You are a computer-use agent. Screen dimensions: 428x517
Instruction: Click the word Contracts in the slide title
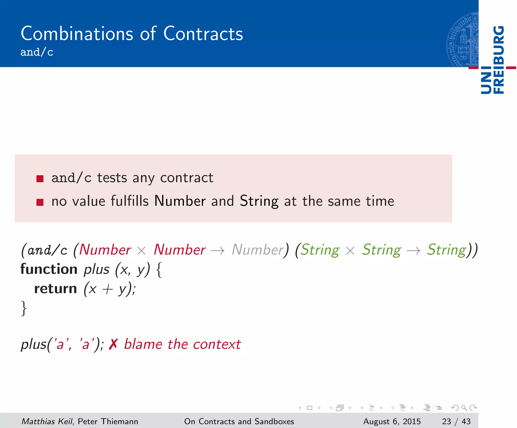point(203,34)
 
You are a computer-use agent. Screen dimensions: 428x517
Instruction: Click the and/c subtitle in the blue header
point(37,52)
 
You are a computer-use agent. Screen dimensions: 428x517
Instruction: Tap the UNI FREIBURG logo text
point(493,60)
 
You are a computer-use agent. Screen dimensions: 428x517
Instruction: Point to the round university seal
point(462,40)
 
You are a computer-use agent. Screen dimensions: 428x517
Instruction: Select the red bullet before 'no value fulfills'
point(40,202)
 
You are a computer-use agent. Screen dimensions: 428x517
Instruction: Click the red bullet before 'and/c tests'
point(40,179)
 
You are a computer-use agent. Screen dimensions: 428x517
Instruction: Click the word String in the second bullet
point(259,201)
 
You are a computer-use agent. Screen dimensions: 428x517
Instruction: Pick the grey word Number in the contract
point(258,250)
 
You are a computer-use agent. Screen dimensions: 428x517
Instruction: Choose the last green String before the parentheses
point(446,250)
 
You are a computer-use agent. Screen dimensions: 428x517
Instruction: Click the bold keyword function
point(49,269)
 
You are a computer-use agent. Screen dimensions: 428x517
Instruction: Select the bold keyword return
point(56,289)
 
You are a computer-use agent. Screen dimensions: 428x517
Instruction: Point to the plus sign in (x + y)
point(108,289)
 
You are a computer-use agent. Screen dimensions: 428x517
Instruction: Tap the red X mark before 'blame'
point(113,344)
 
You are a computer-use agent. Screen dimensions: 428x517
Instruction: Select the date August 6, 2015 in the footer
point(392,421)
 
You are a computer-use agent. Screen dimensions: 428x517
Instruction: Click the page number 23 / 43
point(456,421)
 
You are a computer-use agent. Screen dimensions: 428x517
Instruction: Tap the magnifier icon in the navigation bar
point(464,408)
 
